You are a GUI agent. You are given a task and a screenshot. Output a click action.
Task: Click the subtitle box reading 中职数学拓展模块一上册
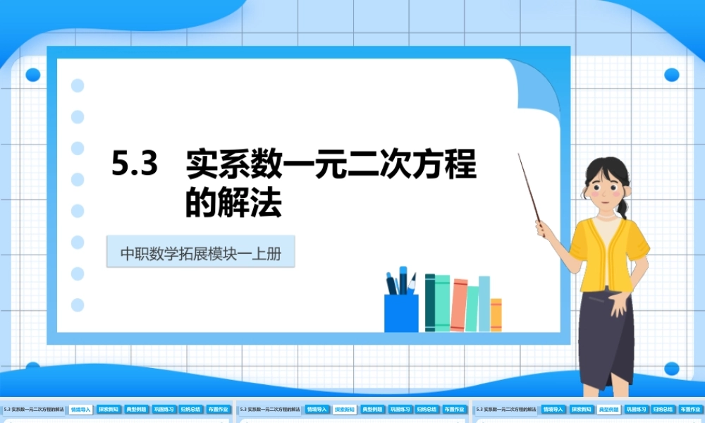click(200, 252)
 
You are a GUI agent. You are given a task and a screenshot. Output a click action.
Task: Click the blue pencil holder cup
click(400, 312)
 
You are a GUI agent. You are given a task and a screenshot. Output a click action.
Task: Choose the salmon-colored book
click(459, 305)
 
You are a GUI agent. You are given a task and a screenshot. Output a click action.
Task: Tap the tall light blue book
click(484, 302)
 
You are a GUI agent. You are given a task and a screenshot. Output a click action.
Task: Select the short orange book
click(496, 314)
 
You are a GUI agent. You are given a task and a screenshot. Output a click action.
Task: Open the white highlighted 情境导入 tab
click(80, 409)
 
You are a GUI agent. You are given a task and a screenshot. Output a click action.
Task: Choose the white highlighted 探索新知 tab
click(344, 409)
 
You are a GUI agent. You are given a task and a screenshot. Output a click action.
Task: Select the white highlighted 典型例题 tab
click(608, 409)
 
